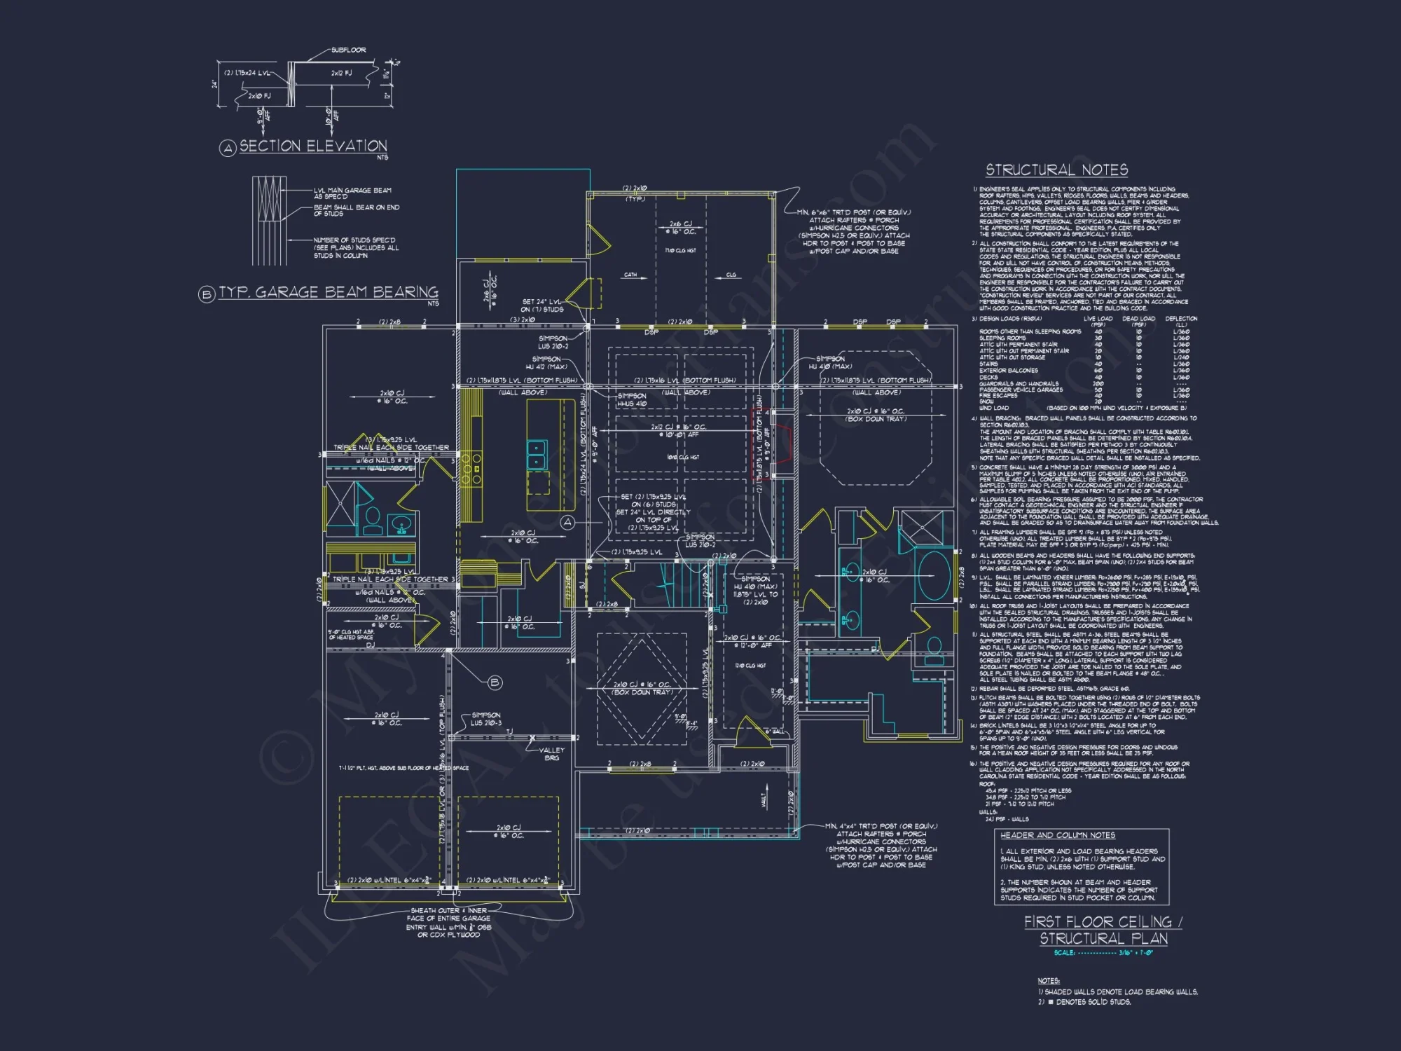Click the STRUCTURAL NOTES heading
coord(1056,170)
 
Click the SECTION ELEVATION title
coord(312,146)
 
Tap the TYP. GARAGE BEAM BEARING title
coord(328,292)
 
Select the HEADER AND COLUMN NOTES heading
coord(1057,835)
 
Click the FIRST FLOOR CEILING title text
coord(1102,922)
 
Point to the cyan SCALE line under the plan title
coord(1103,953)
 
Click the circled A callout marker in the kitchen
coord(567,523)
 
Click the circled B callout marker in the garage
coord(495,682)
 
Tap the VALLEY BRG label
coord(551,754)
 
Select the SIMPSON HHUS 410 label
coord(632,399)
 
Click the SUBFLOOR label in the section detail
coord(348,50)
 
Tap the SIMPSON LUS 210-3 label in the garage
coord(486,719)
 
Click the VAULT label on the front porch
coord(764,799)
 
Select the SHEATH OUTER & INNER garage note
coord(450,922)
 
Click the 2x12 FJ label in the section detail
coord(341,73)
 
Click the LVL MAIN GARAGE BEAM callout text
coord(352,193)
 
